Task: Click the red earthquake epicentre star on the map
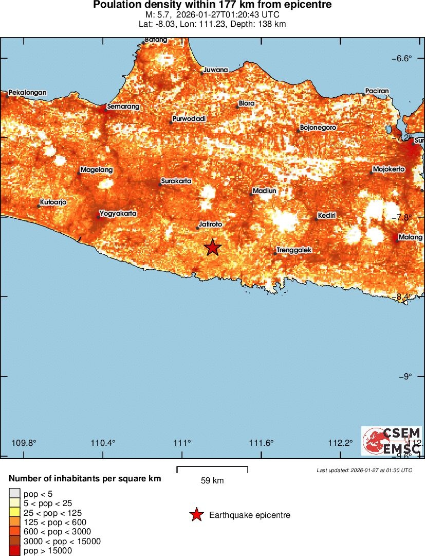pos(213,248)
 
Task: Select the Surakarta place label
pos(176,181)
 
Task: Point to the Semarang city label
pos(123,107)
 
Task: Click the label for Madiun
pos(265,191)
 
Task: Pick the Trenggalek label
pos(294,250)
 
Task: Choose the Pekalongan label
pos(27,93)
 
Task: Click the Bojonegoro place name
pos(318,127)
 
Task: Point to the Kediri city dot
pos(316,219)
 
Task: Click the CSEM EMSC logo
pos(392,441)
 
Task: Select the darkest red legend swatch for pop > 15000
pos(14,551)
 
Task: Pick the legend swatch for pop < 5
pos(14,494)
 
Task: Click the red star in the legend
pos(196,515)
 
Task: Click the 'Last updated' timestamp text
pos(364,470)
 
